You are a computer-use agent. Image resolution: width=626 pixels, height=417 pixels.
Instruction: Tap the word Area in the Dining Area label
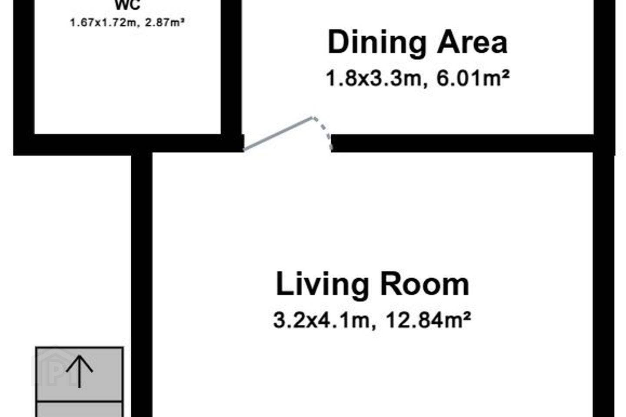472,42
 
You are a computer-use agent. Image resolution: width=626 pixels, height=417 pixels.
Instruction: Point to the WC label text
127,5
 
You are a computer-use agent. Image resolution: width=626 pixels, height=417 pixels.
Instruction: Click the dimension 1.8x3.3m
374,79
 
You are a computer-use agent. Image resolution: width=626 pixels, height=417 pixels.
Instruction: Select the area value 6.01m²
473,78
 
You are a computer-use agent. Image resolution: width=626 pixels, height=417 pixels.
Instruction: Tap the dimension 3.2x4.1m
321,321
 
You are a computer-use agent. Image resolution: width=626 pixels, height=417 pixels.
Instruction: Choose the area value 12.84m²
429,320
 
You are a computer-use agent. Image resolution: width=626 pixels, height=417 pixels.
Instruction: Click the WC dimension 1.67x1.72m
102,23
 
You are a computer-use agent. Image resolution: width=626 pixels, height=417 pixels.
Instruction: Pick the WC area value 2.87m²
165,22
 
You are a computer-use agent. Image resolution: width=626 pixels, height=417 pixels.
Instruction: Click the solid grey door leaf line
278,134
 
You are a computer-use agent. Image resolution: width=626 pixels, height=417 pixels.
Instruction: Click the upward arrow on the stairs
80,371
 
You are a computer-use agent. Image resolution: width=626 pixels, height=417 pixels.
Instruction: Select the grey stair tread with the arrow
80,374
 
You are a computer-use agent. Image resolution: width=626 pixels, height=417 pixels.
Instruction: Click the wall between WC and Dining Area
231,67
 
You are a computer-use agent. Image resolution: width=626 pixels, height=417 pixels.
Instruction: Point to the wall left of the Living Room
142,285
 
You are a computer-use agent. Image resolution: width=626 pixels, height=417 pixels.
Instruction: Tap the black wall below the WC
129,145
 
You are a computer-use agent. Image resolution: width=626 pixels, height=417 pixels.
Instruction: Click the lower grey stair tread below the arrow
80,410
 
